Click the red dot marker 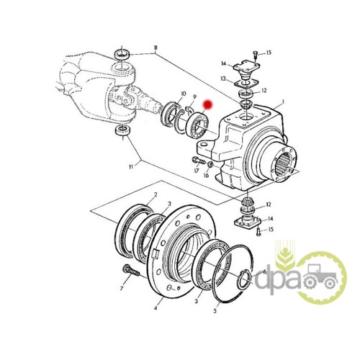207,104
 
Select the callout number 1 283,102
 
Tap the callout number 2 156,194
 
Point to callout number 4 156,307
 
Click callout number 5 215,311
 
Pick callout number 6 265,271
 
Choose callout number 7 122,288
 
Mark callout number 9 194,96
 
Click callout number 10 183,94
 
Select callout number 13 223,78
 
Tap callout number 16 206,176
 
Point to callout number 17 197,171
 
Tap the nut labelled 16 210,164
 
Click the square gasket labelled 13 246,84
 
